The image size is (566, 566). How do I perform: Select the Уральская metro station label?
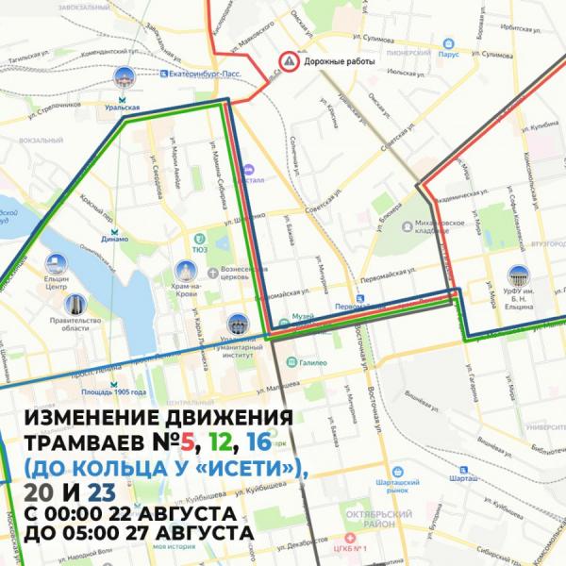click(123, 108)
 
